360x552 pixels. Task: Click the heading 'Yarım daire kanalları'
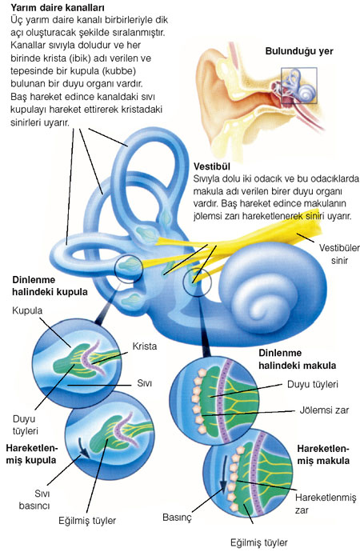[x=53, y=7]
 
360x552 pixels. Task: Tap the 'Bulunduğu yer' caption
[x=298, y=51]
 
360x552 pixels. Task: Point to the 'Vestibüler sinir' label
[x=339, y=254]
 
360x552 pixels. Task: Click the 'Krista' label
[x=145, y=346]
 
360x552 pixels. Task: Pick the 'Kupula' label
[x=27, y=310]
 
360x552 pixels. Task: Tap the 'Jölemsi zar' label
[x=324, y=410]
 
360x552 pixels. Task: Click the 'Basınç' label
[x=177, y=517]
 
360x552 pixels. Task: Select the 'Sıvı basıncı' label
[x=34, y=499]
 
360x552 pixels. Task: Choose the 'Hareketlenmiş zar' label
[x=326, y=504]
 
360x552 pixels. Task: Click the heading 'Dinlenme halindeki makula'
[x=298, y=359]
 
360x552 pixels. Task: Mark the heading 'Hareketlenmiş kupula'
[x=31, y=454]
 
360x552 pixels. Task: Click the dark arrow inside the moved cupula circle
[x=83, y=448]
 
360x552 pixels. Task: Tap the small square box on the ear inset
[x=298, y=86]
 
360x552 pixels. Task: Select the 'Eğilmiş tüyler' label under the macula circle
[x=259, y=542]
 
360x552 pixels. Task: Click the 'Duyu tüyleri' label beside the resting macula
[x=313, y=384]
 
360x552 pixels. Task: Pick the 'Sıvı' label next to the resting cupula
[x=144, y=383]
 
